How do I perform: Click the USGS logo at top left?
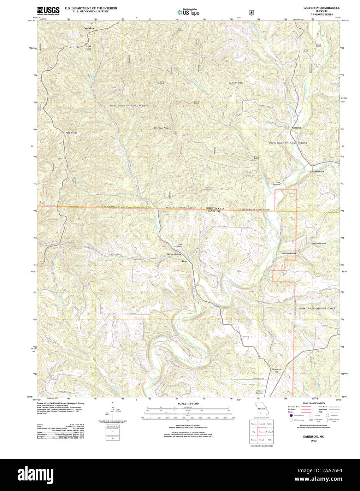[48, 11]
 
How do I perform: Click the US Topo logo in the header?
[188, 12]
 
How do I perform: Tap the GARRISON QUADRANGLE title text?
[321, 8]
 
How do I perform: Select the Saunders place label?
[89, 28]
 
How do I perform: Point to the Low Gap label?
[89, 47]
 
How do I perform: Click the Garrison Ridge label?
[236, 83]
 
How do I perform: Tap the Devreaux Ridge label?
[162, 128]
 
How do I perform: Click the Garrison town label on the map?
[296, 128]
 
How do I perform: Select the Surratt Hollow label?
[317, 172]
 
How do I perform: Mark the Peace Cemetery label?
[276, 183]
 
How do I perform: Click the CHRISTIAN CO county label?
[214, 208]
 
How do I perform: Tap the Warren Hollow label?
[288, 254]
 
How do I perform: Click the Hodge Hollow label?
[174, 254]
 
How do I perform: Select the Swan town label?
[184, 261]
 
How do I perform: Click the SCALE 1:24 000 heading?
[188, 403]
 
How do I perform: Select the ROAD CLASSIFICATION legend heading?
[313, 403]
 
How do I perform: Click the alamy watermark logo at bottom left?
[34, 474]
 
